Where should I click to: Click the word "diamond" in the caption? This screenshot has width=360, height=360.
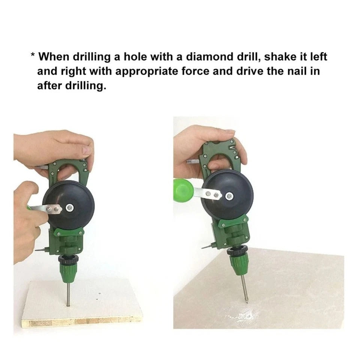click(x=205, y=57)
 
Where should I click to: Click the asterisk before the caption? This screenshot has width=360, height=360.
click(x=33, y=55)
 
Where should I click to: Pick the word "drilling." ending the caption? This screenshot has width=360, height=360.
click(x=86, y=86)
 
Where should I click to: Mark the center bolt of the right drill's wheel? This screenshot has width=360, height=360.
click(x=229, y=196)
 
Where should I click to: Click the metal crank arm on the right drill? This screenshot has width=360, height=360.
click(x=208, y=193)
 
